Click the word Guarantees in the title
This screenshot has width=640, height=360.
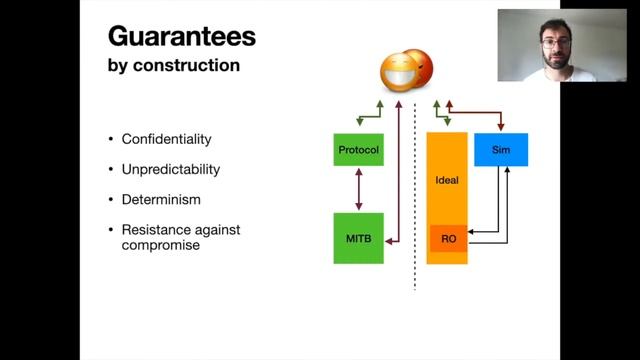(181, 38)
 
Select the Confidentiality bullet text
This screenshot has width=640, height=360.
(166, 138)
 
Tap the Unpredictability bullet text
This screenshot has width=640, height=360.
(170, 169)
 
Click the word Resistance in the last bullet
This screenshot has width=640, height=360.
(155, 229)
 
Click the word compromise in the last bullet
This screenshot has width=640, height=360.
(161, 245)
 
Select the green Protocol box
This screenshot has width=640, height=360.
(358, 149)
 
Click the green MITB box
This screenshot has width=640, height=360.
(358, 239)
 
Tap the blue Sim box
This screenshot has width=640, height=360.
(501, 149)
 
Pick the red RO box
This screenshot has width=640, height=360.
(448, 239)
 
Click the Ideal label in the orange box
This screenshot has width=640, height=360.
(447, 181)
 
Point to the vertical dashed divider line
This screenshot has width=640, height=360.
(415, 200)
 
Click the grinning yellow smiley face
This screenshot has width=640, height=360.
(400, 72)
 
